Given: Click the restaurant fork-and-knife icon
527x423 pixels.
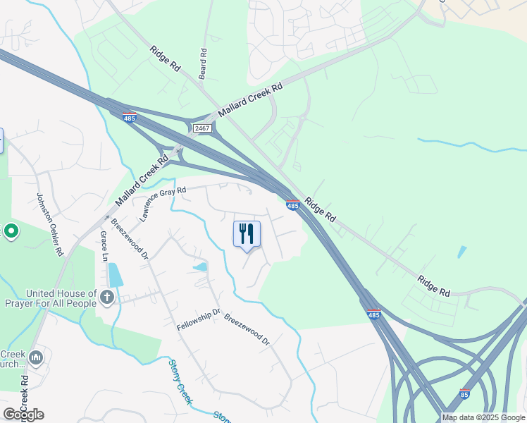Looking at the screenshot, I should (x=247, y=233).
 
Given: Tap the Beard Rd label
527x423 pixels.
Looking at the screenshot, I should (x=203, y=63).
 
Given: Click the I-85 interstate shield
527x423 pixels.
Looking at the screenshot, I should (x=465, y=393).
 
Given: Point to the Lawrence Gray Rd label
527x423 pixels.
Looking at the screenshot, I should (x=163, y=204).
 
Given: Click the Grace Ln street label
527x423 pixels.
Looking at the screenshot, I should (x=104, y=246).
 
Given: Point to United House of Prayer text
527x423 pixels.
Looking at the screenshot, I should (x=61, y=298).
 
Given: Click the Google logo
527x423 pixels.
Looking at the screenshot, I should (x=23, y=414).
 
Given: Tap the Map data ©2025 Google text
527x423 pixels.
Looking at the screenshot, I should (x=483, y=417).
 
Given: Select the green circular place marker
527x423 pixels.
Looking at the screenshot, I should (x=11, y=231).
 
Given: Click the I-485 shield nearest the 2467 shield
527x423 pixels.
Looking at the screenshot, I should (x=129, y=118).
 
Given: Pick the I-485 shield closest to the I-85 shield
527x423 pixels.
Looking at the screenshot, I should (x=373, y=313).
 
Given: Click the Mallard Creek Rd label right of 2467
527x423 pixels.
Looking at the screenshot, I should (x=250, y=100).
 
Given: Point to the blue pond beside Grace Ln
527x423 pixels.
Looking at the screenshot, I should (x=116, y=274).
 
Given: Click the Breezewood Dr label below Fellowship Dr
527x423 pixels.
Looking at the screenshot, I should (x=247, y=329).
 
